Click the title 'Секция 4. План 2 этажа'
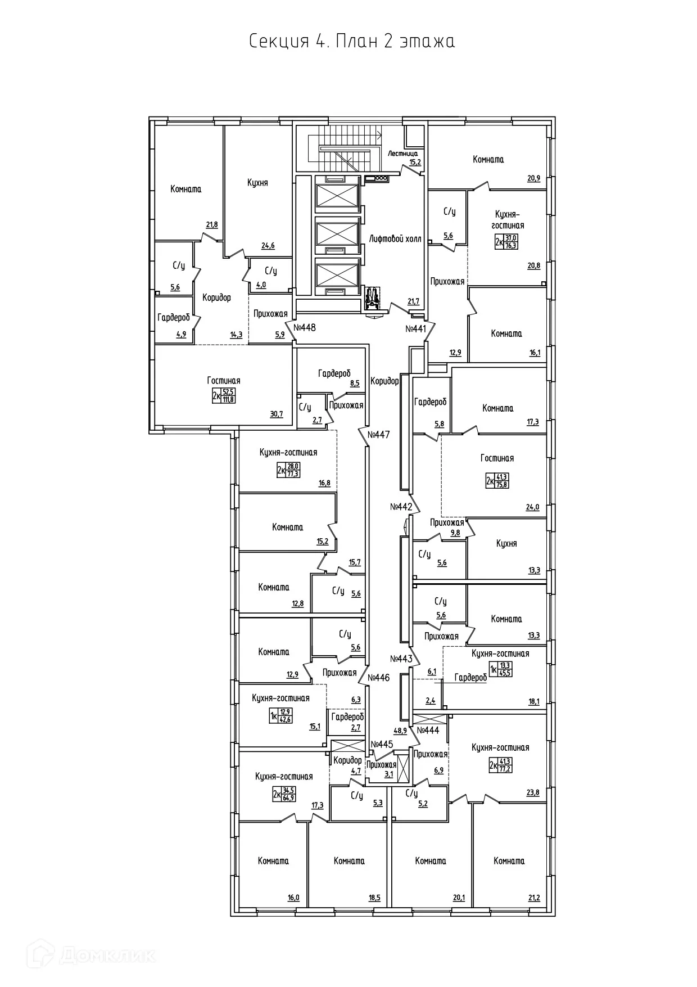click(x=352, y=42)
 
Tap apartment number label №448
click(x=305, y=327)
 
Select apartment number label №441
click(x=416, y=328)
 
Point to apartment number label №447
click(x=378, y=435)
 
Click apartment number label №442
click(x=401, y=507)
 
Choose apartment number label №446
click(x=378, y=678)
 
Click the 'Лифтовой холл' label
click(x=395, y=239)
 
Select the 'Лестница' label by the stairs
click(x=402, y=153)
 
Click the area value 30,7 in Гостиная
click(x=277, y=414)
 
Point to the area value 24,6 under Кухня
click(x=268, y=245)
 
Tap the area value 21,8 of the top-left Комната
click(x=211, y=225)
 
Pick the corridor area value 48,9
click(x=400, y=731)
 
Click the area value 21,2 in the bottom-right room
click(x=533, y=898)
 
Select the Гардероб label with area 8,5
click(x=334, y=373)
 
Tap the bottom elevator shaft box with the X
click(x=337, y=276)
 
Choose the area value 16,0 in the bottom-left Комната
click(x=293, y=898)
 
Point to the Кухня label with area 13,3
click(x=506, y=543)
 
